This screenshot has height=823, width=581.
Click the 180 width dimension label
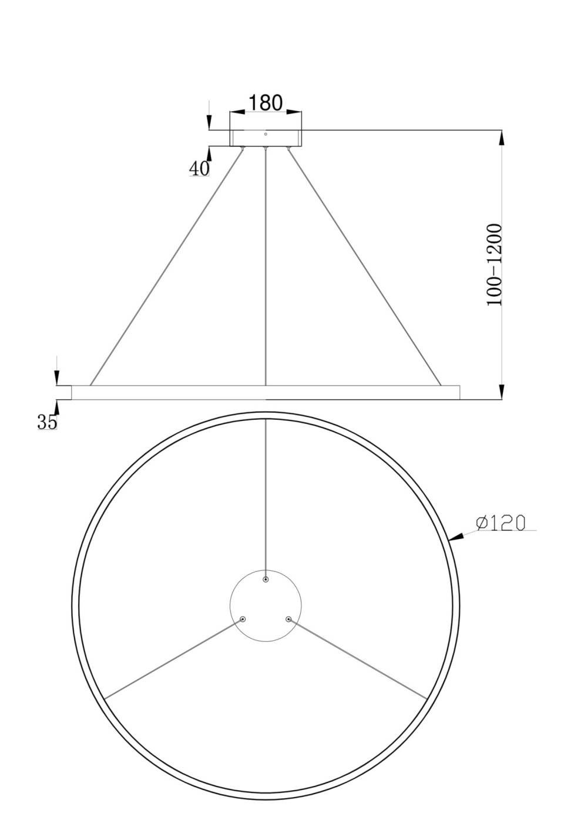click(265, 102)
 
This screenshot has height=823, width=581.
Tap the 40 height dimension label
click(199, 168)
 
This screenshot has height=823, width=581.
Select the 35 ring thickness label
click(48, 421)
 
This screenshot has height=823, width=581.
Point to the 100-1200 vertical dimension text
click(495, 265)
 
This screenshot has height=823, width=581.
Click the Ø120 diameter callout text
click(501, 523)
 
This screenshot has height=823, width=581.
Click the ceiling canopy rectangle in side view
click(266, 138)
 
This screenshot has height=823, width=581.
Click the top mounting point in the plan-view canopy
click(266, 580)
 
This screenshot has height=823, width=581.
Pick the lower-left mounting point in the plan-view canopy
click(243, 619)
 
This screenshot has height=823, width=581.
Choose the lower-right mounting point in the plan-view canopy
click(288, 619)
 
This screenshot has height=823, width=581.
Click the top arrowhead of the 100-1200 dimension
click(501, 137)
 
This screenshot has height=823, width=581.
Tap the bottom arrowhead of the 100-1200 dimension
click(501, 392)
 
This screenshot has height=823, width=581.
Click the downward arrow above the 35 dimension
click(56, 378)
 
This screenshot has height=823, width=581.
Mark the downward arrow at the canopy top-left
click(209, 123)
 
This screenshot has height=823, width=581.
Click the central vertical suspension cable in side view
click(266, 265)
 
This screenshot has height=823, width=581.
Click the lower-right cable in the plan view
click(358, 659)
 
